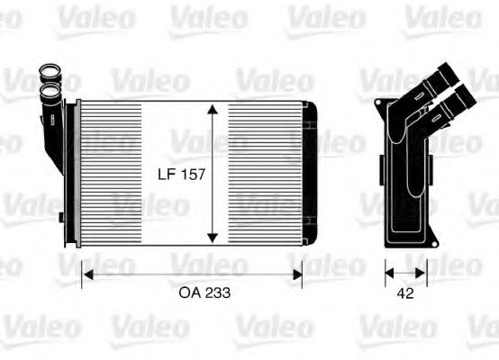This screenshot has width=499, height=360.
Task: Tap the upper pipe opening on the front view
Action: pos(47,72)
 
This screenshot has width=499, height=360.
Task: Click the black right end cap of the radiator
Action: pos(309,171)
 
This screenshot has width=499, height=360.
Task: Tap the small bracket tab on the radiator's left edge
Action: pos(60,217)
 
